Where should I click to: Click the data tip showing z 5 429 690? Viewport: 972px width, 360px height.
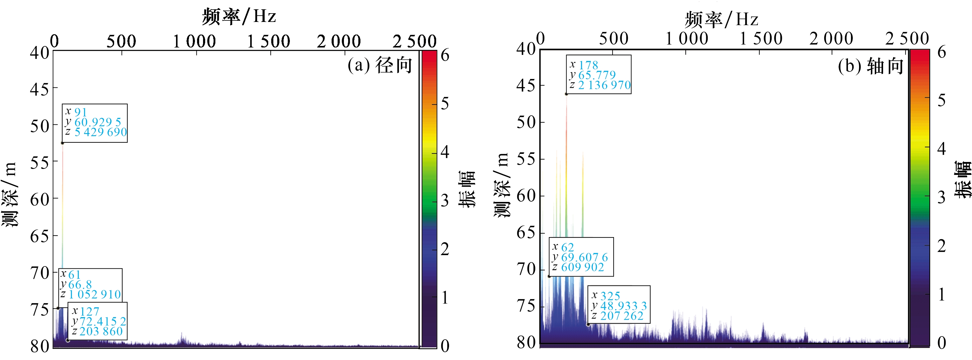(x=95, y=123)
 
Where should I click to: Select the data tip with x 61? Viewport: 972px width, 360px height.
(x=90, y=285)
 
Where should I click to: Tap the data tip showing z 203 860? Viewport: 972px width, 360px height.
(x=98, y=321)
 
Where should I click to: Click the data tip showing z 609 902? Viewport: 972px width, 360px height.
(x=581, y=257)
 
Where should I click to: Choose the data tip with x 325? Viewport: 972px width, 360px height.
(x=619, y=305)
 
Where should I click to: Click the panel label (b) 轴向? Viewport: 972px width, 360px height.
(x=870, y=66)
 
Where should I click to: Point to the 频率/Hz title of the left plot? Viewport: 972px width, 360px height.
(x=239, y=17)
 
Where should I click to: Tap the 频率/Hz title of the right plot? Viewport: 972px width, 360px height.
(x=721, y=19)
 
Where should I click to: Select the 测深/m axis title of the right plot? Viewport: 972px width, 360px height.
(x=502, y=185)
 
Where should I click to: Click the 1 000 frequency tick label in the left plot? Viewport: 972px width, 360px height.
(x=194, y=41)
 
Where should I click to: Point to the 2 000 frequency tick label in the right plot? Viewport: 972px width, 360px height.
(x=831, y=38)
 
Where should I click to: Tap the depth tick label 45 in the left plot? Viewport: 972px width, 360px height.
(x=40, y=90)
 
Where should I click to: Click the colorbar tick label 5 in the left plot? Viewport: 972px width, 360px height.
(x=445, y=103)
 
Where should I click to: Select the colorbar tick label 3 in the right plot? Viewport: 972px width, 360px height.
(x=941, y=197)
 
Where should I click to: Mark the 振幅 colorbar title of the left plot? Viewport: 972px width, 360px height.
(x=467, y=189)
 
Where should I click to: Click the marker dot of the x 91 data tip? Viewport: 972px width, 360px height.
(x=62, y=143)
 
